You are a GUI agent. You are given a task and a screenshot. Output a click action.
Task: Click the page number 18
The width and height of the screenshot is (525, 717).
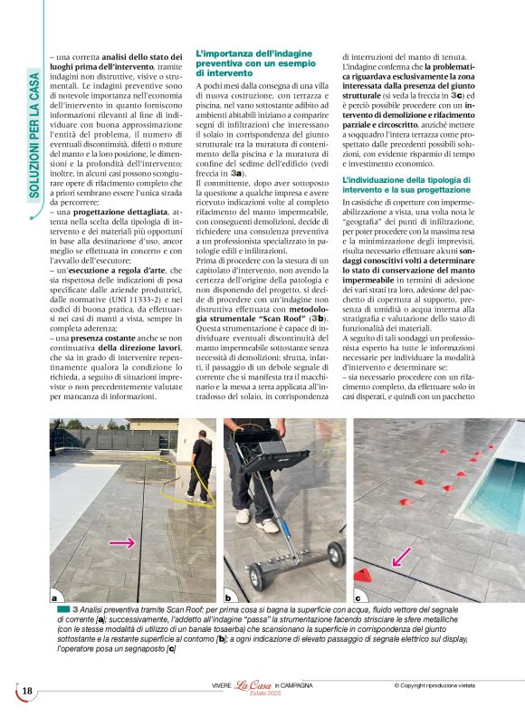(27, 692)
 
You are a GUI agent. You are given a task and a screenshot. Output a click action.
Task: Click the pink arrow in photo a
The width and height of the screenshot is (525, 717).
(122, 542)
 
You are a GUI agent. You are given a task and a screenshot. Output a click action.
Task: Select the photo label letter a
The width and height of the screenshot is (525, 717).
(56, 597)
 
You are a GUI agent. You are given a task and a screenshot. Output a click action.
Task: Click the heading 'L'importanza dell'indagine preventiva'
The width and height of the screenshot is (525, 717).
(248, 64)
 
